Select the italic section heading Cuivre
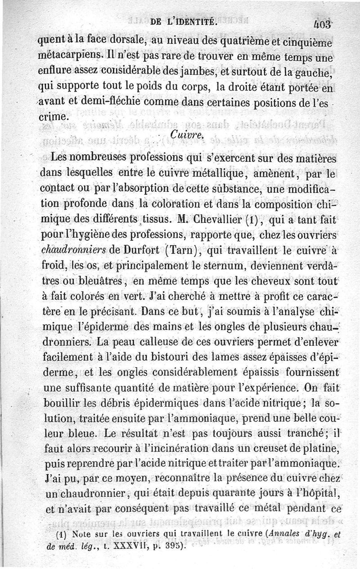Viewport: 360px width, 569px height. click(188, 134)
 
